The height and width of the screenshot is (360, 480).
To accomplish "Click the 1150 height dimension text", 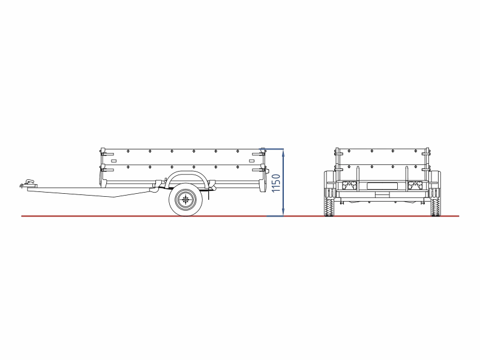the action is [276, 183].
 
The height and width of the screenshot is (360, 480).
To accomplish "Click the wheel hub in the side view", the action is [185, 199].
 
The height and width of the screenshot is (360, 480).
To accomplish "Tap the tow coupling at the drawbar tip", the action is [29, 184].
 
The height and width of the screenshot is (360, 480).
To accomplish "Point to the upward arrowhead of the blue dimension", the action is [283, 153].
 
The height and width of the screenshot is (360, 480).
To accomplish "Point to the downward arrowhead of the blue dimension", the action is [283, 212].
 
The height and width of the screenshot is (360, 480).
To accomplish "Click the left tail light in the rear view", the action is [350, 186].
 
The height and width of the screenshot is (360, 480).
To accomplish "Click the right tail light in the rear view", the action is [415, 186].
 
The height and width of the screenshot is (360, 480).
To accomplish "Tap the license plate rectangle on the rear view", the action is [382, 185].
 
